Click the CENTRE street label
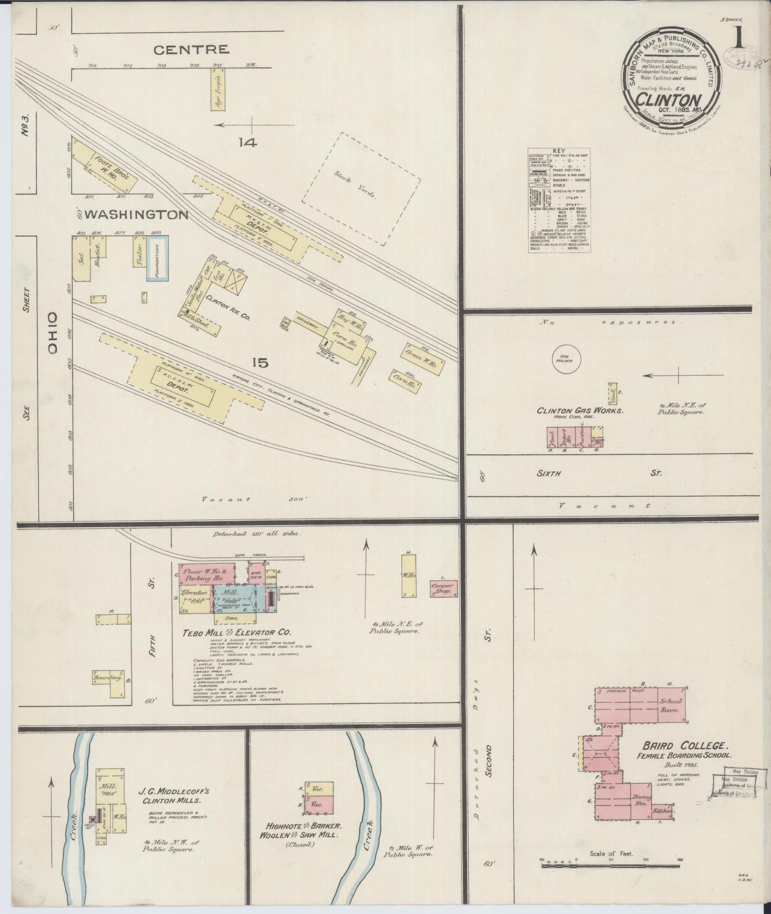[191, 50]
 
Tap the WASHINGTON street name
[137, 215]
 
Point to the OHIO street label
[52, 333]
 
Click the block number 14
[248, 142]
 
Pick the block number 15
[260, 363]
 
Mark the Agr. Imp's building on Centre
[218, 90]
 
